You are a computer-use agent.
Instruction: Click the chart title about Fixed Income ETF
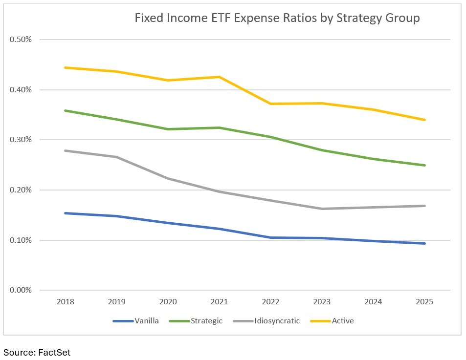pos(277,19)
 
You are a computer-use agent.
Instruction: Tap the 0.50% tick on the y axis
pos(21,40)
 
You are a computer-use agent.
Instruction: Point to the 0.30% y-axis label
pos(21,140)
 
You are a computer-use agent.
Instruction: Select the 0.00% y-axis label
pos(21,290)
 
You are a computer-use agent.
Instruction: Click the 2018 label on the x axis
pos(66,302)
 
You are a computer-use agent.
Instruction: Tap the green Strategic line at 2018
pos(66,110)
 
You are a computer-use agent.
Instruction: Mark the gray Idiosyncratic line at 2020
pos(168,178)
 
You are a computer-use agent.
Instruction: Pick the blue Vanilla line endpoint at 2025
pos(424,243)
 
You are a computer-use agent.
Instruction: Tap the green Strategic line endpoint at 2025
pos(424,165)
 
